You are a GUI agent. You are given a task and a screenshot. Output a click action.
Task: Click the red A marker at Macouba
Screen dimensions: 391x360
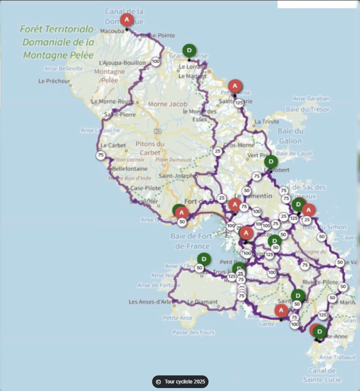127,20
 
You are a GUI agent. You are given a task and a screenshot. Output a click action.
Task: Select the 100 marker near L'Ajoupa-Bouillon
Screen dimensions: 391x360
156,62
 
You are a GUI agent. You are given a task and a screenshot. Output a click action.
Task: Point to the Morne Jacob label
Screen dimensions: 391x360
164,104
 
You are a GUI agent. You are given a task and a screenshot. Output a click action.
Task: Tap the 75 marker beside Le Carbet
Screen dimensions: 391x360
101,155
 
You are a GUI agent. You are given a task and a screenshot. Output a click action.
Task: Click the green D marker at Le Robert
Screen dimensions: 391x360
271,162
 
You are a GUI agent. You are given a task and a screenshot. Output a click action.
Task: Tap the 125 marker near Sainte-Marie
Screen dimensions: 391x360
239,102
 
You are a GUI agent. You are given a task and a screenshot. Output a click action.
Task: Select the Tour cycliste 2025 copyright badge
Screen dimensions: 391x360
180,382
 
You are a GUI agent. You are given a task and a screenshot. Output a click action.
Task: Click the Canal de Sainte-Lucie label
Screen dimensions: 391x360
322,375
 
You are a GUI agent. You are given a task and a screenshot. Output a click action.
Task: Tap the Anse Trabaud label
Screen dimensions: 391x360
337,357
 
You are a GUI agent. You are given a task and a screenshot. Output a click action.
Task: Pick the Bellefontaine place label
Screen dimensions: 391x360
130,169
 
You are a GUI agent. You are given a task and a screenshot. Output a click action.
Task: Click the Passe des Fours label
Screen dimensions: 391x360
193,332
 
